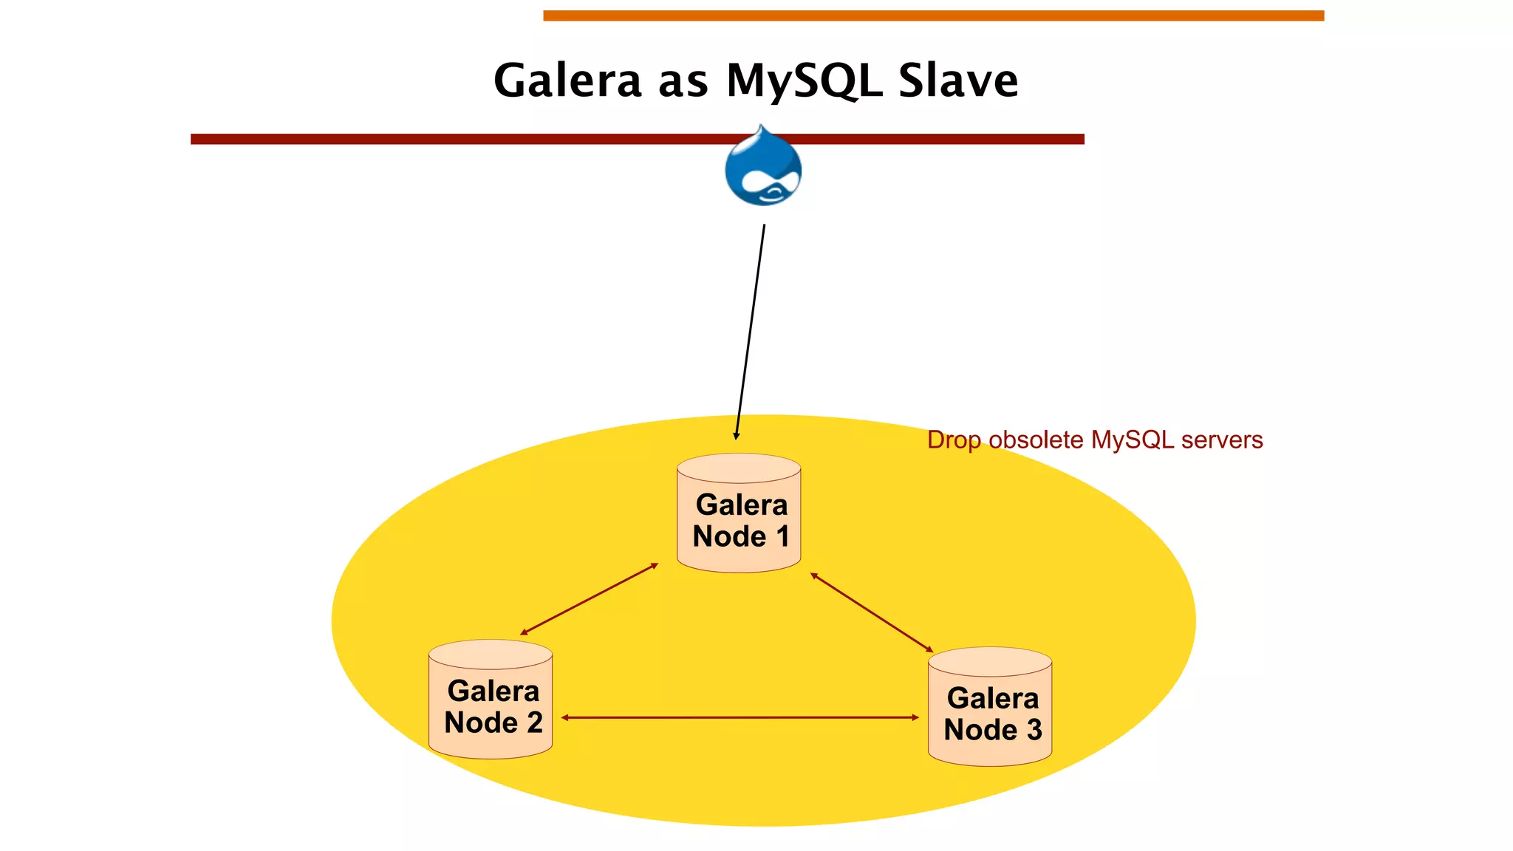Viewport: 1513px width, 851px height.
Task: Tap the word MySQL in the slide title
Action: click(x=805, y=81)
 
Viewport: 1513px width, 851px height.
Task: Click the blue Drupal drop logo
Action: click(x=763, y=167)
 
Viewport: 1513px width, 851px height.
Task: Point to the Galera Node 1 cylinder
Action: click(x=739, y=513)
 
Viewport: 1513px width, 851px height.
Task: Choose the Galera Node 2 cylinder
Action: click(x=491, y=700)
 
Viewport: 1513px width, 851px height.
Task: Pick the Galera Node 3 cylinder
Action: click(x=990, y=707)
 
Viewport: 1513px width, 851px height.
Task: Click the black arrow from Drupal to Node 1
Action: click(x=750, y=332)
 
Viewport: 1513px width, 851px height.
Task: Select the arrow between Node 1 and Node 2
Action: click(x=589, y=599)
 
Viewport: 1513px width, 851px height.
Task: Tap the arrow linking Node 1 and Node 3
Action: click(x=872, y=612)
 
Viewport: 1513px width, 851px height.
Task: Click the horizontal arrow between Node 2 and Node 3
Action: click(x=740, y=717)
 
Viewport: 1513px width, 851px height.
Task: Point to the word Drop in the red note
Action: click(x=954, y=440)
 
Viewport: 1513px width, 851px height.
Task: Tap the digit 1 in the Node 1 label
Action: click(x=782, y=537)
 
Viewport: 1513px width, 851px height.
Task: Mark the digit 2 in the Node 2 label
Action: click(x=535, y=723)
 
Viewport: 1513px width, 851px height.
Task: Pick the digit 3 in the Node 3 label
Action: click(x=1034, y=731)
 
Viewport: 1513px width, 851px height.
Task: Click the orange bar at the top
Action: click(x=933, y=16)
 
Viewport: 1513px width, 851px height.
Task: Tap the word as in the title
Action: click(x=683, y=83)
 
